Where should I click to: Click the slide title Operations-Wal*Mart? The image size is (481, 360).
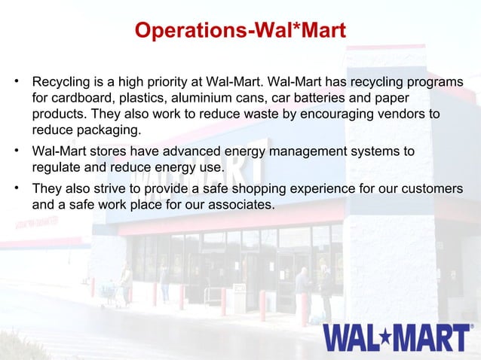(240, 31)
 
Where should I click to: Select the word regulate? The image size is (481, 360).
(58, 167)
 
